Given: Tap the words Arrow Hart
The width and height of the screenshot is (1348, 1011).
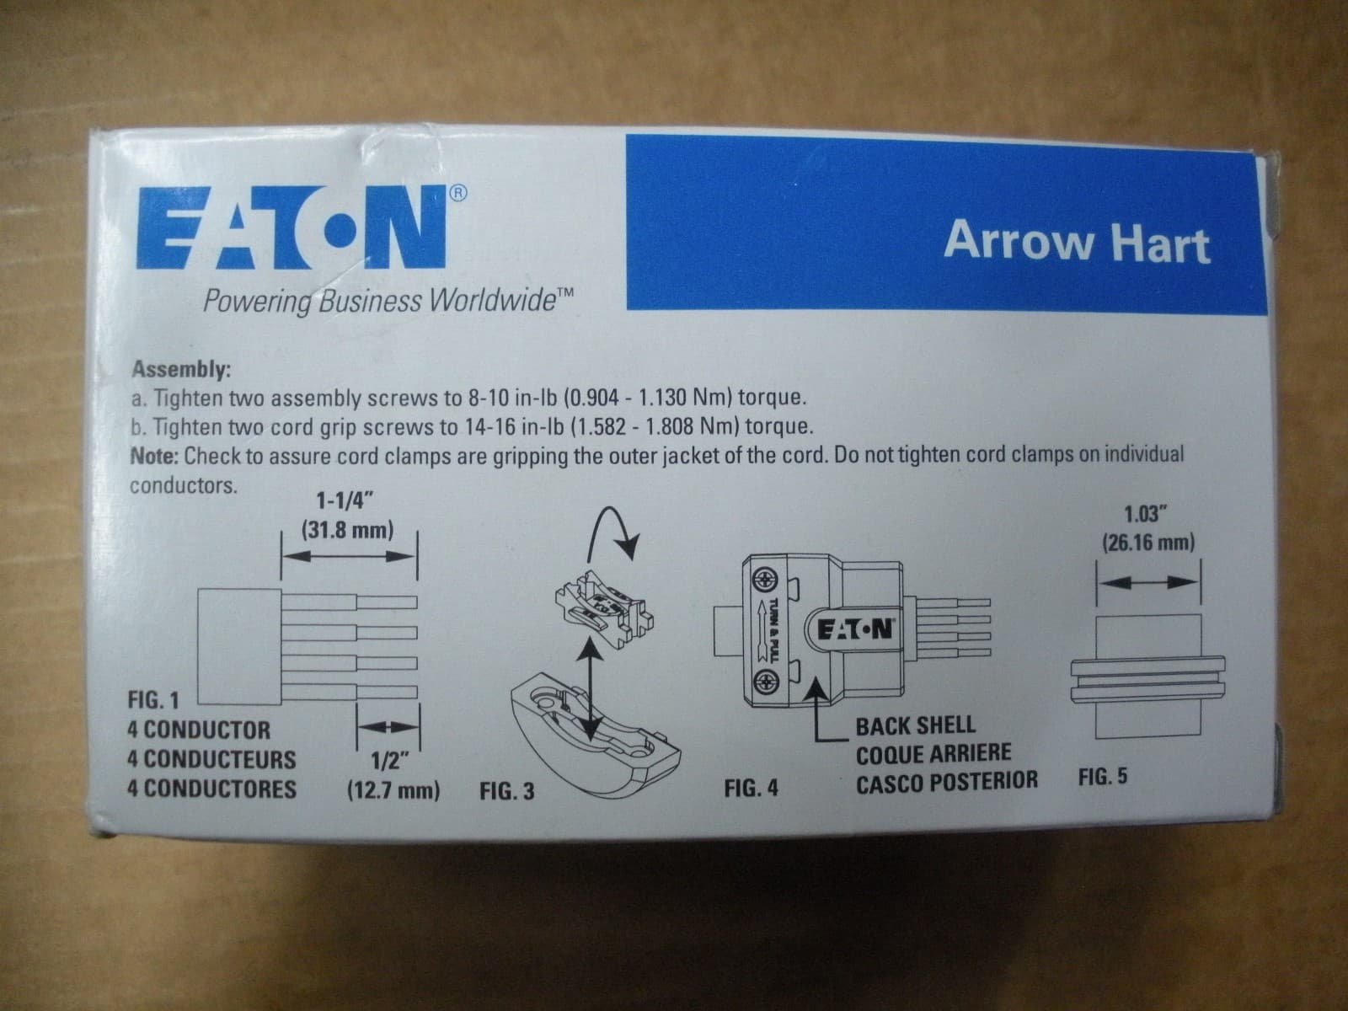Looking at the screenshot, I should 1076,242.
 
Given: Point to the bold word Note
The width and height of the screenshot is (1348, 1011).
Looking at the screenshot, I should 154,456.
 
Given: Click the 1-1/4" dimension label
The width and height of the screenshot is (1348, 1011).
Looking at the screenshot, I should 345,502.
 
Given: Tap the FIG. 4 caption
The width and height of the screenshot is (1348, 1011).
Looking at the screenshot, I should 751,789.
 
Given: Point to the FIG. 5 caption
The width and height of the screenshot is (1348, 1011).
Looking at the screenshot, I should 1102,776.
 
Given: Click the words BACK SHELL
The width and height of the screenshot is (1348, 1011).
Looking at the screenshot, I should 915,725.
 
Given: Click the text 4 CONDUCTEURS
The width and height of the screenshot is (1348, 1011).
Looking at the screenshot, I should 211,760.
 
